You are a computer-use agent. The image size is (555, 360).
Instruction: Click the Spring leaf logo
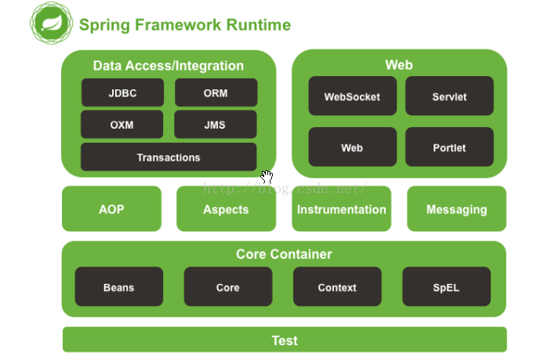click(x=52, y=23)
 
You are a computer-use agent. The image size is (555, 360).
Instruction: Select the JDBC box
click(x=122, y=93)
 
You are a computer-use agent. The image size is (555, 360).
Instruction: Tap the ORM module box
click(x=216, y=93)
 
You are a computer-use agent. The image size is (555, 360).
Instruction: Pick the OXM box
click(x=122, y=124)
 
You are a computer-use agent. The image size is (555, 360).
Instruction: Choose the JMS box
click(x=216, y=124)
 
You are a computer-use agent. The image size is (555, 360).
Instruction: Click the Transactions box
click(x=169, y=157)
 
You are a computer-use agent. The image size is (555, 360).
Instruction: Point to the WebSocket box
click(x=353, y=96)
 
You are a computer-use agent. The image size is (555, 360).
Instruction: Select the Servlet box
click(x=449, y=96)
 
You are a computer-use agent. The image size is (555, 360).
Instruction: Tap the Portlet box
click(x=449, y=147)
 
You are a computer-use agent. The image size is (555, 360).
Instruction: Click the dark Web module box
click(x=353, y=147)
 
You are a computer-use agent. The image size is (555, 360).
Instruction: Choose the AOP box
click(x=111, y=209)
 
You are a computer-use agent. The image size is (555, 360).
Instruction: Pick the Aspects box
click(x=227, y=209)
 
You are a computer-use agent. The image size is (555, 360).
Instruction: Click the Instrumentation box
click(x=342, y=209)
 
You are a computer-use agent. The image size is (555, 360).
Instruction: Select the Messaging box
click(x=456, y=209)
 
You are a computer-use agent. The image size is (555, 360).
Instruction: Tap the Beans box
click(x=119, y=287)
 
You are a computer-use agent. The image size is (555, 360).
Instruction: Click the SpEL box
click(x=447, y=287)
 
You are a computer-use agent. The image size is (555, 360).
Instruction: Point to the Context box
click(x=337, y=287)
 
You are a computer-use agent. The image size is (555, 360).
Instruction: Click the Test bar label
click(x=285, y=340)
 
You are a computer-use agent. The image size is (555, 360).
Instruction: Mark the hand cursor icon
click(x=267, y=176)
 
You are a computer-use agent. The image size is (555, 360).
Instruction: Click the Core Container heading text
click(x=285, y=254)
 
